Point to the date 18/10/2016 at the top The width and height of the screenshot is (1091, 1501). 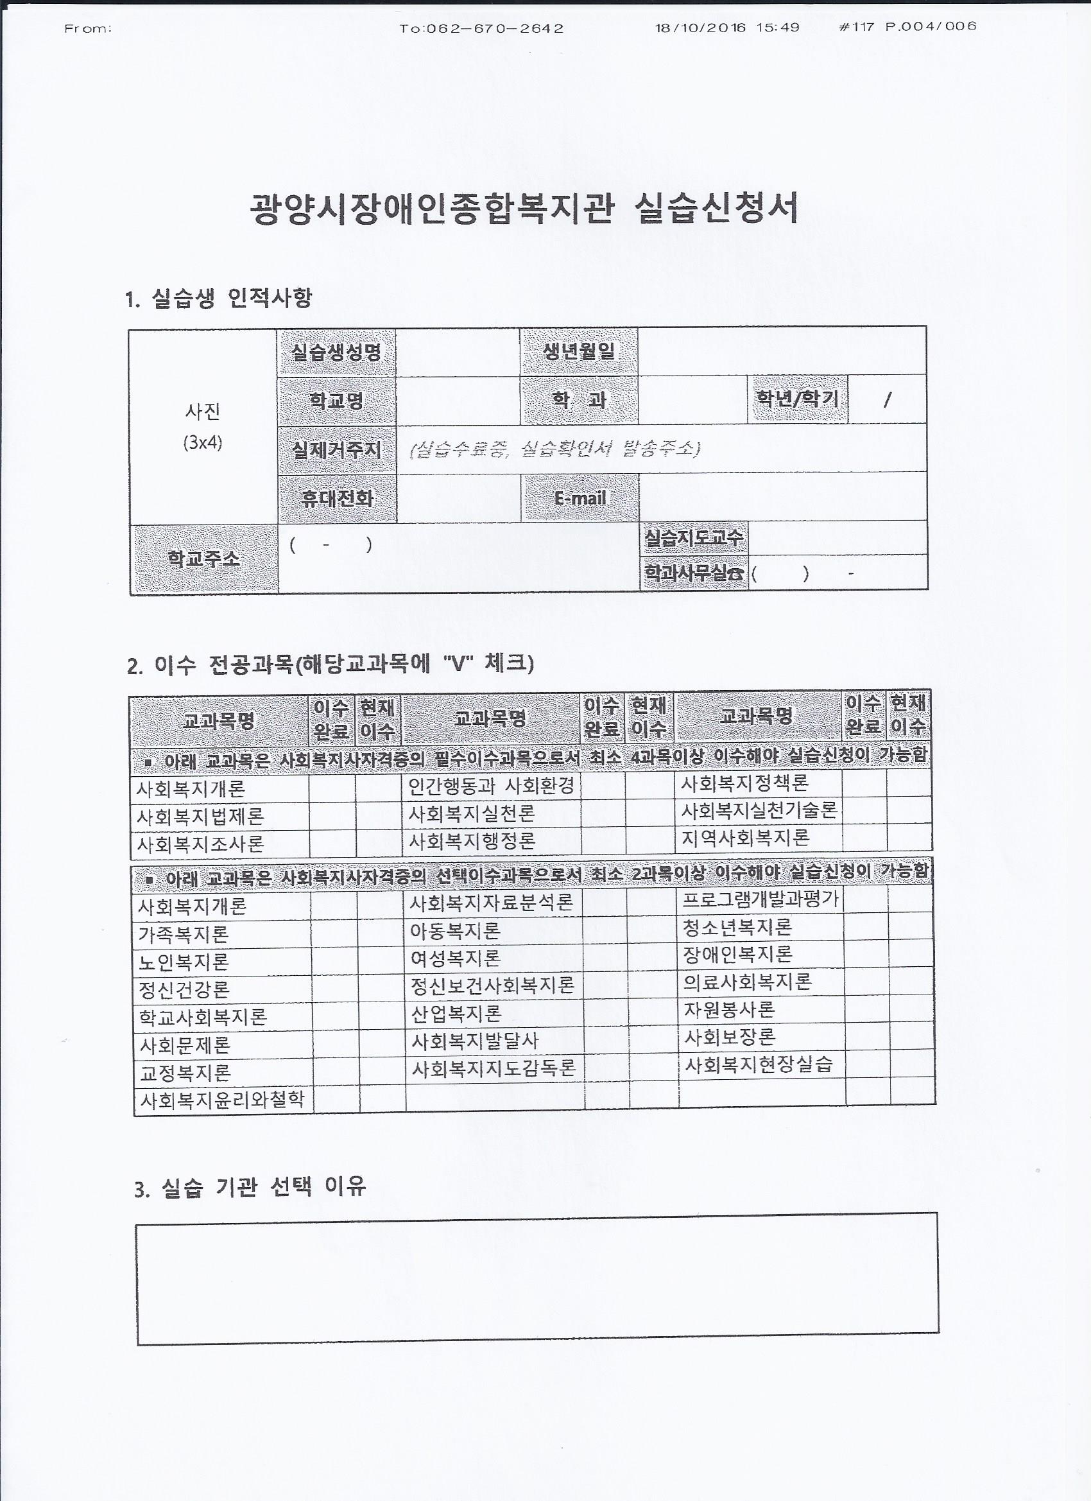pos(700,28)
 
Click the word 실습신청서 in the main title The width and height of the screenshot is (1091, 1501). pos(716,209)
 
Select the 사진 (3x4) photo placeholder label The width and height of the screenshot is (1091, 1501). pos(202,427)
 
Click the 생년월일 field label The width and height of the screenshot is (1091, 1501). pos(579,351)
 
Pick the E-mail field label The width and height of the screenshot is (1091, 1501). pos(580,498)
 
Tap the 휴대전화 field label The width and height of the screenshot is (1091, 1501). pos(337,498)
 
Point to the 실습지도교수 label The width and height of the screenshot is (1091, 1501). pos(693,538)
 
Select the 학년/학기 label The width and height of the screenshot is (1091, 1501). pos(797,399)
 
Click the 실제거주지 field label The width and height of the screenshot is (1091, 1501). pos(337,449)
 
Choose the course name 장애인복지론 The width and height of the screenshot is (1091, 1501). pos(737,955)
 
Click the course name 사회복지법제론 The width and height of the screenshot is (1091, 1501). pos(200,817)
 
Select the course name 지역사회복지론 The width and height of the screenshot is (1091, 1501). pos(746,838)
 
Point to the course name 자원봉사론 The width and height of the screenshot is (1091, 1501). pos(728,1009)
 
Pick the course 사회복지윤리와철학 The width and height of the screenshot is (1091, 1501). pos(222,1100)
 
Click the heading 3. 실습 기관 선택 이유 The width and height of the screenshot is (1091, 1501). pos(250,1188)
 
